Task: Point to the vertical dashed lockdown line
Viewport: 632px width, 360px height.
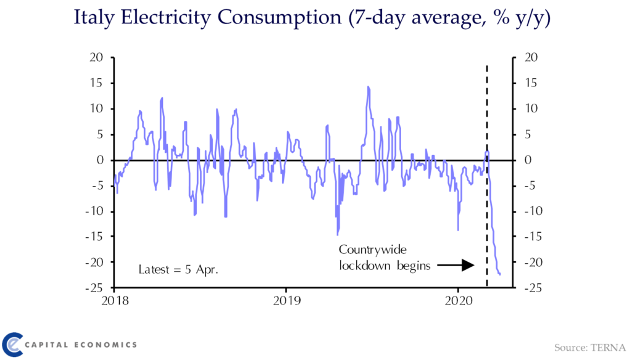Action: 487,185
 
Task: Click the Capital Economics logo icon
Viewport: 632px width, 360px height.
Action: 13,344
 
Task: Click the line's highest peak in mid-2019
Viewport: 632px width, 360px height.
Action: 368,87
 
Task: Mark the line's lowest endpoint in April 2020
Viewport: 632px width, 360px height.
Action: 499,274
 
